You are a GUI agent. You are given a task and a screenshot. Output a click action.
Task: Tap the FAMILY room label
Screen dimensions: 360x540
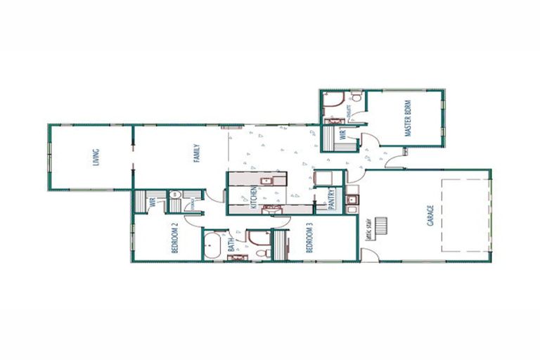click(x=198, y=153)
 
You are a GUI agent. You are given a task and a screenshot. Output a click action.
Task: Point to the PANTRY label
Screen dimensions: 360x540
click(x=332, y=198)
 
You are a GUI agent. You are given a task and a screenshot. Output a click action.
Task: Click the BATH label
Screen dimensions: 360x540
click(x=231, y=245)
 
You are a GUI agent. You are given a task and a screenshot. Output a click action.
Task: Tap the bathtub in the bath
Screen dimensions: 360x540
click(x=212, y=245)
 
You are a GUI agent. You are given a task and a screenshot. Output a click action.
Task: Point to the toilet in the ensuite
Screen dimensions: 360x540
click(x=356, y=96)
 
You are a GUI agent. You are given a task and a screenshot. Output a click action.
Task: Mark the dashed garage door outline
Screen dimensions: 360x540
click(x=464, y=214)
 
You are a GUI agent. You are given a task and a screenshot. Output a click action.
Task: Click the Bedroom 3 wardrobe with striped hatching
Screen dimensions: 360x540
click(x=281, y=245)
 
